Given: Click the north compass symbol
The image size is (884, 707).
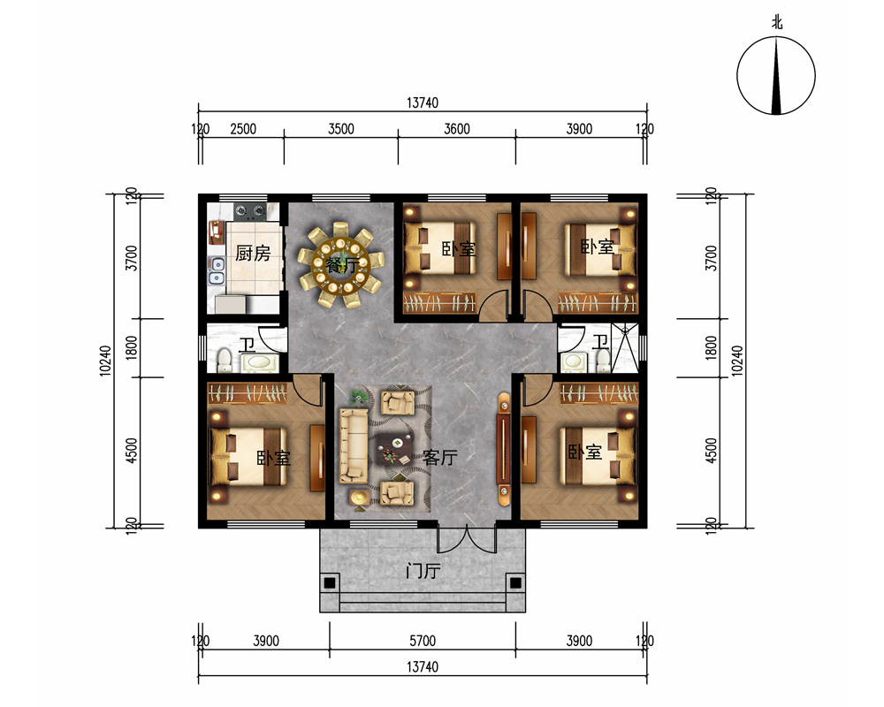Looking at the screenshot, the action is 776,75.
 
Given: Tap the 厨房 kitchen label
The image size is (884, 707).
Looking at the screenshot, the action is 253,253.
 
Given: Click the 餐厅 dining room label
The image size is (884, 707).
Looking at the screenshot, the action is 342,264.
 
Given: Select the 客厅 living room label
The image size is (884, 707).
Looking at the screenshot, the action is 439,457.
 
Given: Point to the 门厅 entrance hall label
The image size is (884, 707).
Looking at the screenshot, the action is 423,571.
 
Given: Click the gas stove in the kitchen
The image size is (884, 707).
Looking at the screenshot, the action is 250,211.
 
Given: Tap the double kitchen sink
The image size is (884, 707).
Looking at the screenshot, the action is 217,270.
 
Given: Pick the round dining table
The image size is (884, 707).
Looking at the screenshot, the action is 341,264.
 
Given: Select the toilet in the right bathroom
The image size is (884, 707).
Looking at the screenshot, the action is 603,360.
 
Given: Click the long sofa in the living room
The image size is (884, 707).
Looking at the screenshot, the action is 353,446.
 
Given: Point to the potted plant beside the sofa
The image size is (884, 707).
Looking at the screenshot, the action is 358,396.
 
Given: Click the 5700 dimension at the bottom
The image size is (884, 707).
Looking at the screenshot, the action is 423,641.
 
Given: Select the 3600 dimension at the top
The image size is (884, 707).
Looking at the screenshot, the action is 457,129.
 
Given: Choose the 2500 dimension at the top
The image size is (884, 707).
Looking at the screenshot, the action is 243,129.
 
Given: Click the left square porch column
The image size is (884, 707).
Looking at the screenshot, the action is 330,583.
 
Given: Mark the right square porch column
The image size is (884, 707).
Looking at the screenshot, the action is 515,583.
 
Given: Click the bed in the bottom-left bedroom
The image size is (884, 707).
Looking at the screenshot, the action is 248,457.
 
